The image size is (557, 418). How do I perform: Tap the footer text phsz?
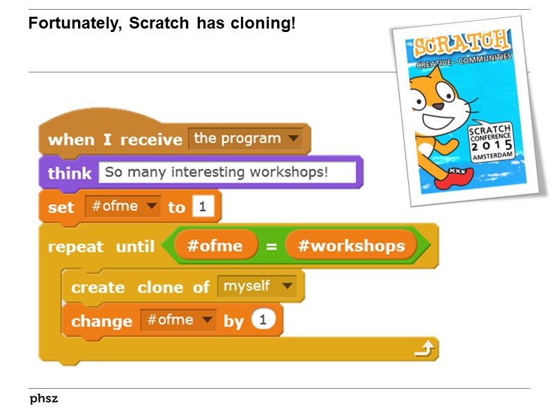click(44, 399)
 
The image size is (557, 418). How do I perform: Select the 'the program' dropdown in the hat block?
click(246, 139)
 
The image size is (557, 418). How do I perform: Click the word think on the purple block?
click(70, 173)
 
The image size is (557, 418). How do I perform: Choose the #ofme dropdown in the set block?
click(122, 207)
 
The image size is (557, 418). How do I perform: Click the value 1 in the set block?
click(203, 207)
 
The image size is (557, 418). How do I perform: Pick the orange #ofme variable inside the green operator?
click(215, 246)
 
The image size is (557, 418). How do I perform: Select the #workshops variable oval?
click(350, 246)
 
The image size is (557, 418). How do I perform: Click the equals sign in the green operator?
click(272, 246)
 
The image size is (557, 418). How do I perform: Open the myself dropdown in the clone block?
click(256, 286)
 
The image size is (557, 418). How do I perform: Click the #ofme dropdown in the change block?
click(178, 320)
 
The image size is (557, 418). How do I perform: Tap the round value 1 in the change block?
click(262, 320)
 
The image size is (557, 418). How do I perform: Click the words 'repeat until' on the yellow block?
click(102, 247)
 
